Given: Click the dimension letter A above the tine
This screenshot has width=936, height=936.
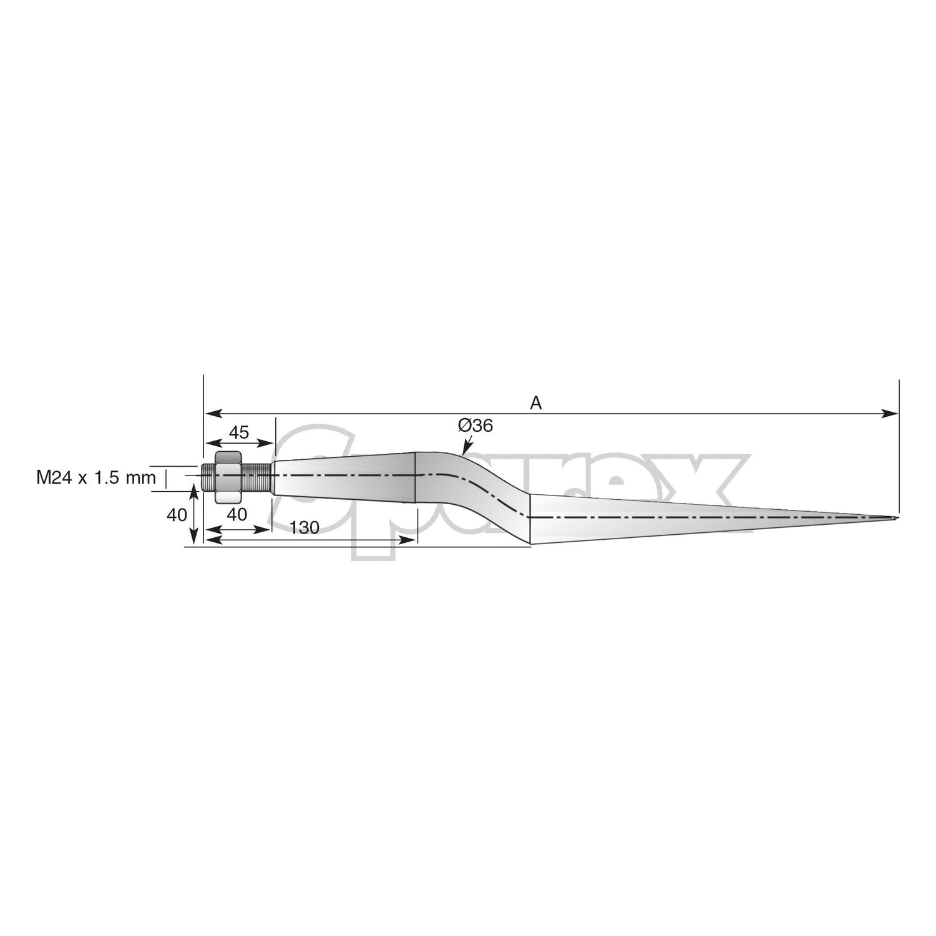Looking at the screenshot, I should pos(535,404).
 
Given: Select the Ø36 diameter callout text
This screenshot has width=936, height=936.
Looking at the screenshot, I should pos(475,426).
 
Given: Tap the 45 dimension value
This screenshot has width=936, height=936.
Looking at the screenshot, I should pos(238,432).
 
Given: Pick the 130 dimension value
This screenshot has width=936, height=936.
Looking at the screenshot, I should pos(305,527).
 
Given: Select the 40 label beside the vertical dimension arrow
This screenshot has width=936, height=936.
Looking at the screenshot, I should pos(177,515).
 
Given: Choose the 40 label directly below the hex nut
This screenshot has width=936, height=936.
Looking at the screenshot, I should pos(237,514).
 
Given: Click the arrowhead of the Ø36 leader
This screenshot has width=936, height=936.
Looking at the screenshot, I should pos(464,451).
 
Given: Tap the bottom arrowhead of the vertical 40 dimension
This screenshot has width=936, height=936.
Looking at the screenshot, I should pos(195,540).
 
